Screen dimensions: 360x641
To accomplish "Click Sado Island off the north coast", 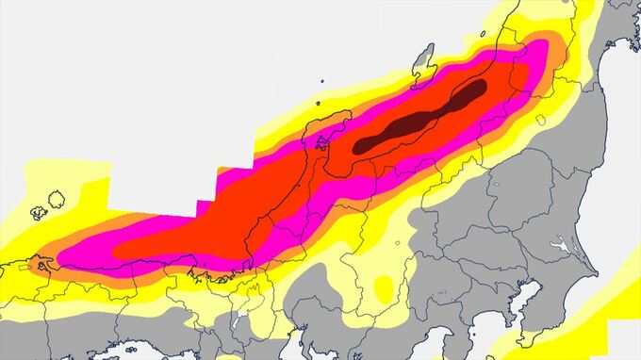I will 426,57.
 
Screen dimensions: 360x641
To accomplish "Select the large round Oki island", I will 56,199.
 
